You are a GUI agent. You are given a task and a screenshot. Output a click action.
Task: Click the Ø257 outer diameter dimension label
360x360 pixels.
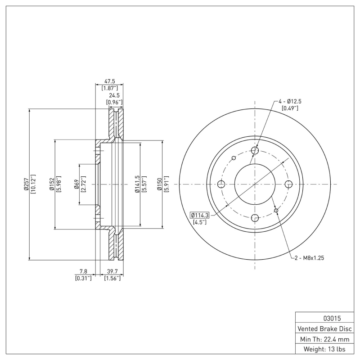[x=27, y=184]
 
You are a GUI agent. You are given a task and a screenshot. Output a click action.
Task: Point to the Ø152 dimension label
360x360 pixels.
[x=52, y=184]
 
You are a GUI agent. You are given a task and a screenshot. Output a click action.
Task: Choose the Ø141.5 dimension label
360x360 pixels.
[x=137, y=184]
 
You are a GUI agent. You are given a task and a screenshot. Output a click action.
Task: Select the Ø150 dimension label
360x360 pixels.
[x=159, y=184]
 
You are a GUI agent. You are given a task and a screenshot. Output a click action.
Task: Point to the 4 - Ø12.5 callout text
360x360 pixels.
[x=289, y=101]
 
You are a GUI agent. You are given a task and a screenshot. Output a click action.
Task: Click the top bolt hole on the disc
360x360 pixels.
[x=255, y=150]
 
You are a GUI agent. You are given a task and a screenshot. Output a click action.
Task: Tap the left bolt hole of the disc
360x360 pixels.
[x=221, y=184]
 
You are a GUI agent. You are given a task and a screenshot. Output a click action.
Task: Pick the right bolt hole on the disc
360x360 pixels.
[x=289, y=184]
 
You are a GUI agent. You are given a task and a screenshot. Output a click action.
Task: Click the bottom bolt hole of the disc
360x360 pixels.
[x=255, y=218]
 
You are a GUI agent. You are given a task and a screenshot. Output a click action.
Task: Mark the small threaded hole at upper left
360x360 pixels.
[x=233, y=158]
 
